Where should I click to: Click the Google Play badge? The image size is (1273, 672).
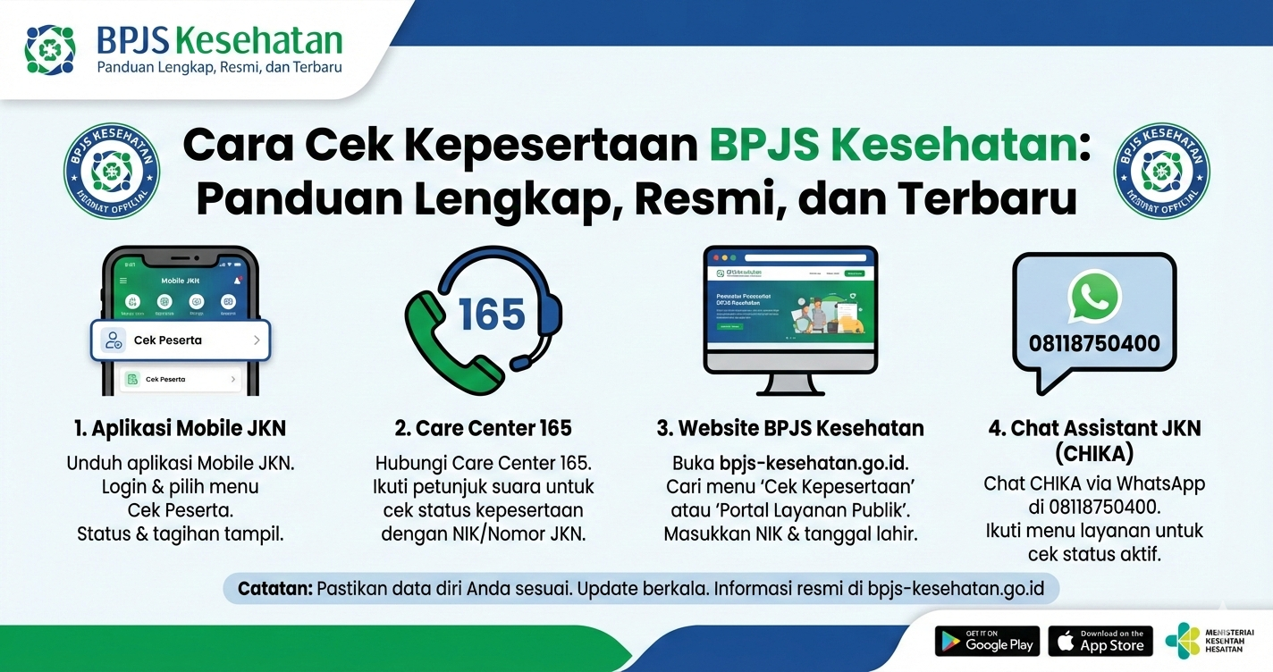click(987, 642)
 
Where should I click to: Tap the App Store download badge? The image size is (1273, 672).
click(1100, 642)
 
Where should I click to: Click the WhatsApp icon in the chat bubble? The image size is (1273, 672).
click(1093, 296)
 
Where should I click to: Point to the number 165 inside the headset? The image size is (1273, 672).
click(491, 315)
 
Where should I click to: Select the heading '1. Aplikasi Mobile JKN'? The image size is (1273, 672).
click(180, 428)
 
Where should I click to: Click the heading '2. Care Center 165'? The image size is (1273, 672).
click(483, 428)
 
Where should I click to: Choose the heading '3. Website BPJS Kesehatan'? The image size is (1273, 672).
click(789, 428)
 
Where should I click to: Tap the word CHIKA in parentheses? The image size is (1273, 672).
click(1094, 454)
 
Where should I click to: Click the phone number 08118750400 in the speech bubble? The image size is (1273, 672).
click(1094, 344)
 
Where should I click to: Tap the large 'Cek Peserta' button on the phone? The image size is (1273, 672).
click(180, 340)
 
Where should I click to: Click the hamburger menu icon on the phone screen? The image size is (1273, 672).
click(122, 280)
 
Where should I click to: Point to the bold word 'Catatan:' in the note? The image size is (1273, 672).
click(274, 589)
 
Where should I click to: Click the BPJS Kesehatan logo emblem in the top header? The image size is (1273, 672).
click(50, 49)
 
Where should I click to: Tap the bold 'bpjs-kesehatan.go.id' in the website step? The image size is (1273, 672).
click(813, 463)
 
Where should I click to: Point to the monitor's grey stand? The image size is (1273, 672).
click(789, 383)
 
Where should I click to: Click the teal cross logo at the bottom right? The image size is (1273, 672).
click(1183, 641)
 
